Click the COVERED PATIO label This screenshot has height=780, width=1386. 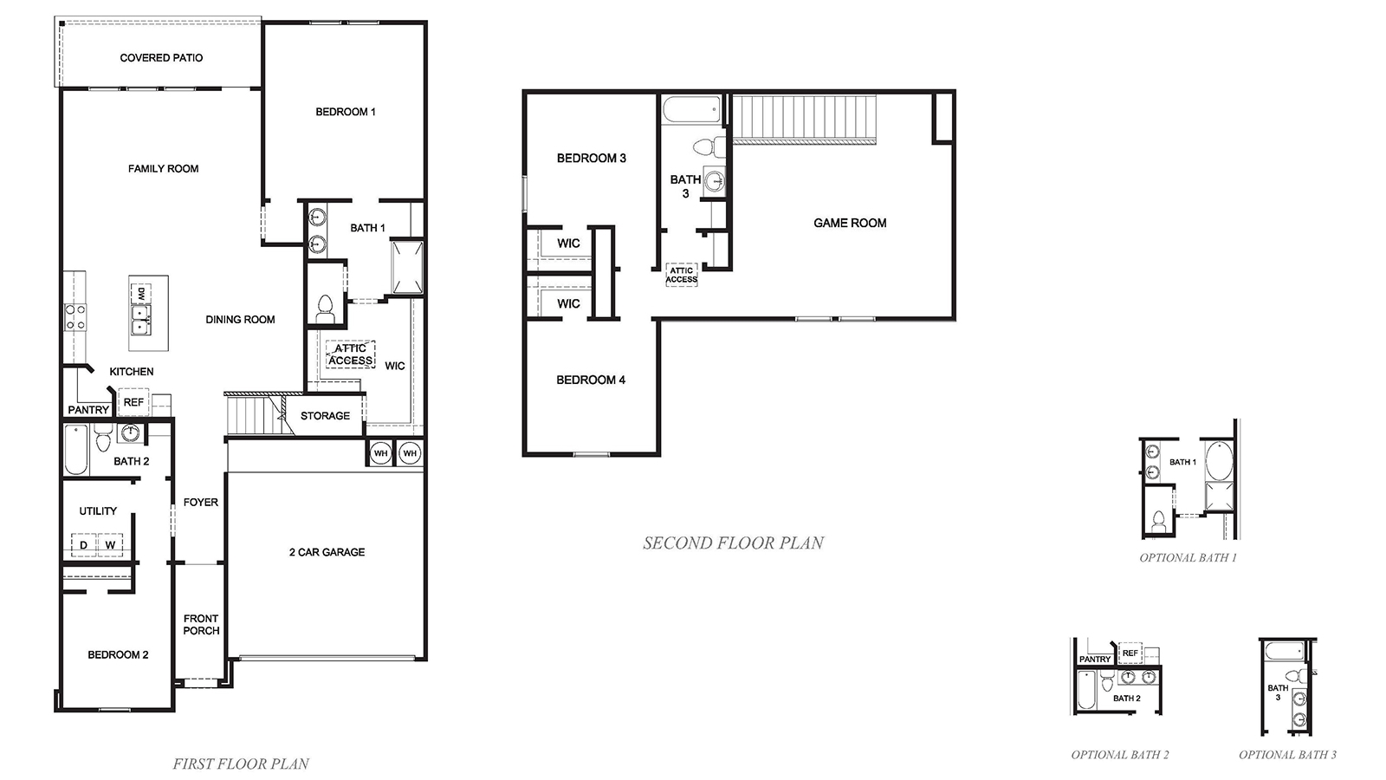tap(161, 58)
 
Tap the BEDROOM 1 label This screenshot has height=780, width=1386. tap(345, 112)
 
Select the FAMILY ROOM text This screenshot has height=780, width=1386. tap(163, 169)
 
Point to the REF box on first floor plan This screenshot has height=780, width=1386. tap(133, 402)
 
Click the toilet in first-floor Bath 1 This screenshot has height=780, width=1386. tap(325, 309)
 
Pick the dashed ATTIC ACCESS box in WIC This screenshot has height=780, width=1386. tap(351, 354)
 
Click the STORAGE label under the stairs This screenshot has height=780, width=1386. tap(325, 416)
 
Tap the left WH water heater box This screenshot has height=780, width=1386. tap(380, 453)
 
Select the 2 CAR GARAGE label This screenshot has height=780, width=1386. tap(327, 552)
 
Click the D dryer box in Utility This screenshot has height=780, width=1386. tap(84, 545)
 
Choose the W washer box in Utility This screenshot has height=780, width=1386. tap(110, 545)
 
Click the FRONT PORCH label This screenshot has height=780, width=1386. tap(201, 624)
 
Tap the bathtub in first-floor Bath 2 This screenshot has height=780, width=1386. tap(76, 449)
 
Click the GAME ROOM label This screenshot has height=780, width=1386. tap(849, 223)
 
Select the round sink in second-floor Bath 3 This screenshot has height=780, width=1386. tap(715, 182)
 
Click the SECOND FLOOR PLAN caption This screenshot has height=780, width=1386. tap(733, 543)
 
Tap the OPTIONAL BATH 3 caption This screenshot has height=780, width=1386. tap(1287, 755)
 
